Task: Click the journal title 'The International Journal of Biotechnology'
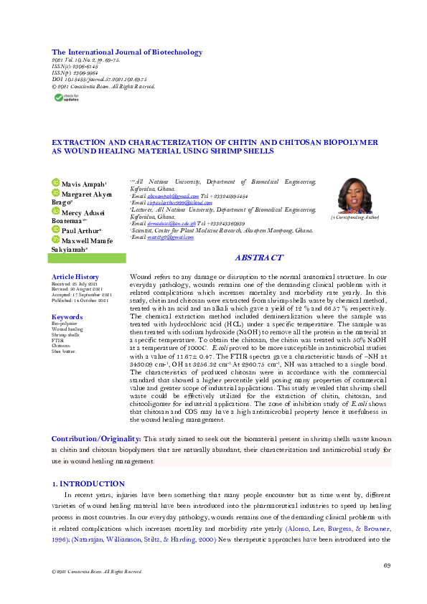tap(127, 52)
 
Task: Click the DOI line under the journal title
tap(100, 80)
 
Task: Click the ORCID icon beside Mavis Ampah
tap(55, 184)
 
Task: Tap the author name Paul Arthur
tap(81, 232)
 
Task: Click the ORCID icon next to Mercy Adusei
tap(55, 212)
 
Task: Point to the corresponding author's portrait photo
tap(354, 195)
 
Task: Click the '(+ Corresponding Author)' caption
tap(355, 217)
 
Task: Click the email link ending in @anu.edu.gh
tap(167, 224)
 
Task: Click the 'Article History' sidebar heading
tap(75, 277)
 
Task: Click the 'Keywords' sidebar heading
tap(67, 316)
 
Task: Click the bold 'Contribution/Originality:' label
tap(97, 438)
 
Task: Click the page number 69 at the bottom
tap(387, 567)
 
